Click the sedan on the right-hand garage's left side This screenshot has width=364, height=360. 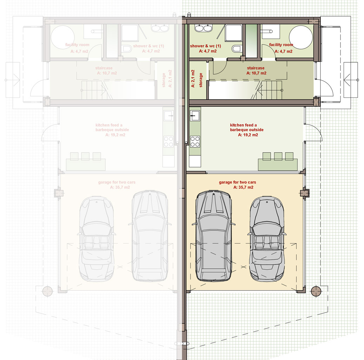pos(214,236)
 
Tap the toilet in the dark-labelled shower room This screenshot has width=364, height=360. pos(236,49)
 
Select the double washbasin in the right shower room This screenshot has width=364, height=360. pos(203,28)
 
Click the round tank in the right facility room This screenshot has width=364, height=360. pos(301,37)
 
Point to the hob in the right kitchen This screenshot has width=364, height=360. pos(195,141)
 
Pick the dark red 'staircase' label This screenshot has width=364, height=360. pos(255,68)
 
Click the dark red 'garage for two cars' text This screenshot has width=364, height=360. pos(238,182)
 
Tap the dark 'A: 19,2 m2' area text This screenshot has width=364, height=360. pos(248,135)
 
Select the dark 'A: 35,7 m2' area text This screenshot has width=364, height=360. pos(243,187)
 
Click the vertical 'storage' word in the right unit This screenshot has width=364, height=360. pos(201,80)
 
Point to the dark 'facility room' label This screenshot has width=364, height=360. pos(281,45)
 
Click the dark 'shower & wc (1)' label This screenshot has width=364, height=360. pos(206,46)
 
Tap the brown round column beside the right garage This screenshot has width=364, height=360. pos(316,291)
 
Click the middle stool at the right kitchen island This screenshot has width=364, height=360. pos(278,156)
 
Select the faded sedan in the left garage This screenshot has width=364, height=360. pos(150,236)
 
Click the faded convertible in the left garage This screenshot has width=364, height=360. pos(97,239)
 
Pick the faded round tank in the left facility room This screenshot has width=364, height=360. pos(63,37)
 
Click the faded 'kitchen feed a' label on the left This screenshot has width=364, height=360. pos(109,125)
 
